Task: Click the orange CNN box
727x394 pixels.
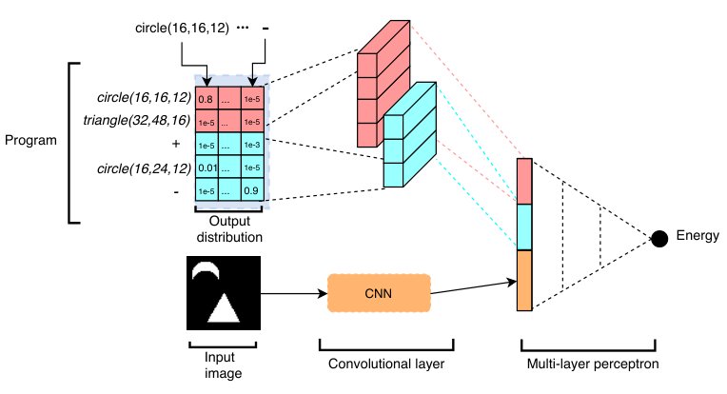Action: click(x=379, y=293)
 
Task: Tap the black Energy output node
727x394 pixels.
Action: click(x=659, y=239)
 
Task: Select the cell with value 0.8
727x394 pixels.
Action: click(x=206, y=98)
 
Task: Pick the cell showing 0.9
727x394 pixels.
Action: click(x=252, y=190)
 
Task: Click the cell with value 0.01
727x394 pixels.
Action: click(x=206, y=167)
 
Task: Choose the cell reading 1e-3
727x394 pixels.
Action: click(x=252, y=144)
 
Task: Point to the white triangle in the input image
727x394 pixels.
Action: click(x=224, y=307)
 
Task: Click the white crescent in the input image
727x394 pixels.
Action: click(x=206, y=269)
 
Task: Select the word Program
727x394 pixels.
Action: click(x=30, y=140)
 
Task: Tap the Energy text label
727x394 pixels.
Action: click(x=698, y=235)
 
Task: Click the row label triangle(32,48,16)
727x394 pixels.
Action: click(x=137, y=121)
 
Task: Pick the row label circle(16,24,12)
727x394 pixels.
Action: click(x=144, y=168)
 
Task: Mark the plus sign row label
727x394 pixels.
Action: click(x=176, y=144)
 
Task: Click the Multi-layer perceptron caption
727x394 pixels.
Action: click(x=593, y=364)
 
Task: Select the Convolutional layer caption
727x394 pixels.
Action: click(x=386, y=364)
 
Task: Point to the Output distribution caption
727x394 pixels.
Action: click(x=229, y=229)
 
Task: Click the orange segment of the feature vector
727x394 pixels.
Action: click(x=524, y=281)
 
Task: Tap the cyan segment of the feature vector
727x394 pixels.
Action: click(x=524, y=227)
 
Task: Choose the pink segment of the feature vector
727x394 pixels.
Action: click(x=524, y=181)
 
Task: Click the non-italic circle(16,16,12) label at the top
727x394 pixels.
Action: click(x=182, y=29)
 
